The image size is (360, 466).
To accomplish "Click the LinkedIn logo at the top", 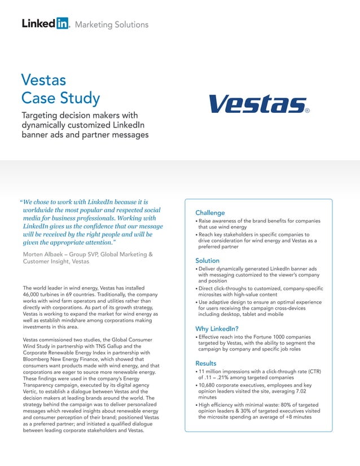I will click(x=45, y=24).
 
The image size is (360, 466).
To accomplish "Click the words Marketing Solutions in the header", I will click(x=111, y=24).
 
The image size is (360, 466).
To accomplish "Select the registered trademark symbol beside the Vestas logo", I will click(x=307, y=111).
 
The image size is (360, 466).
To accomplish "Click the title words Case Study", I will click(x=60, y=98).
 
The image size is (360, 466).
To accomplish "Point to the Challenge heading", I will click(x=210, y=213).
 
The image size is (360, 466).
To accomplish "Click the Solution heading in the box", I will click(x=207, y=261).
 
